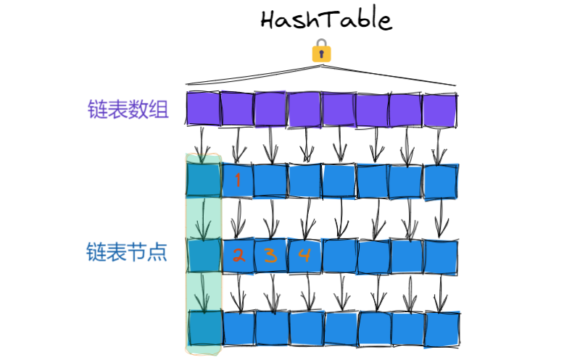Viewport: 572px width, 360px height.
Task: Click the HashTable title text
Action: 326,20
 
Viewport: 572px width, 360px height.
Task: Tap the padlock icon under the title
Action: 321,51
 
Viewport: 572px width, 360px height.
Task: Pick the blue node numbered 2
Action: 237,255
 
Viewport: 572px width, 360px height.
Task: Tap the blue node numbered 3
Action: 270,255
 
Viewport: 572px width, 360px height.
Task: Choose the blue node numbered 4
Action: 304,255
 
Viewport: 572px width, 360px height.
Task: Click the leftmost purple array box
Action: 203,108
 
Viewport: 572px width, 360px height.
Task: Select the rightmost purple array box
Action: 440,109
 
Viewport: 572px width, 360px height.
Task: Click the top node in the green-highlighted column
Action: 203,180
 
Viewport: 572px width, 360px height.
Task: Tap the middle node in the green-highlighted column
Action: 203,254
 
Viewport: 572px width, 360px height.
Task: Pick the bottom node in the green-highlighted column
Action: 203,327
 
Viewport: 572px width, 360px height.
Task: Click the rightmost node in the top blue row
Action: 441,181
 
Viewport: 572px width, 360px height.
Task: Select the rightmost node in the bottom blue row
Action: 442,328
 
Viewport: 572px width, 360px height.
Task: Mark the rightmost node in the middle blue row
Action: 441,255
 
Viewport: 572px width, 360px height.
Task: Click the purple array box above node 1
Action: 236,108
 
